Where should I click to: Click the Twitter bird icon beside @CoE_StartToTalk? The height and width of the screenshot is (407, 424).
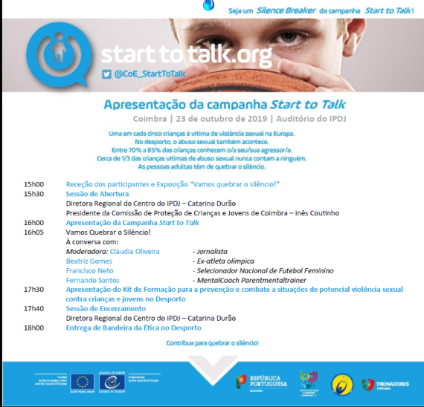[x=106, y=74]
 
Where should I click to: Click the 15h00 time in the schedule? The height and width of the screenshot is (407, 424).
[x=34, y=183]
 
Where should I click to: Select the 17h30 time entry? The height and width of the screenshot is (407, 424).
[x=34, y=290]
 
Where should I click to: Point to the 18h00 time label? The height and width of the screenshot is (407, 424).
[x=34, y=328]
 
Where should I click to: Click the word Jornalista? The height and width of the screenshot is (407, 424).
[x=211, y=252]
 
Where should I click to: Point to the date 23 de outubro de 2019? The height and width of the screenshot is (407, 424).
[x=220, y=118]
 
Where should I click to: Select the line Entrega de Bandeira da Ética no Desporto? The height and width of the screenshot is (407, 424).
[x=134, y=328]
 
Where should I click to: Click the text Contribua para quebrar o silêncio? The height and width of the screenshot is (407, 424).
[x=212, y=343]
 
